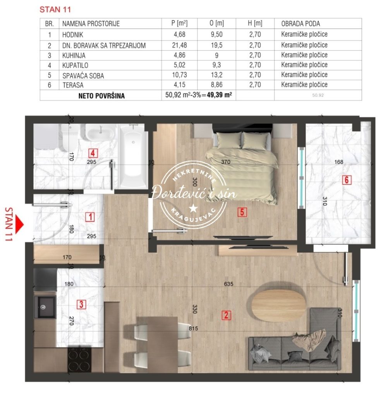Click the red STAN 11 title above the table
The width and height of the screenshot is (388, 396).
[x=55, y=10]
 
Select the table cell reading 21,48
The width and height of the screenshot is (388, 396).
[x=179, y=45]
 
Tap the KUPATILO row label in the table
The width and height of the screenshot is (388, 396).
[x=75, y=65]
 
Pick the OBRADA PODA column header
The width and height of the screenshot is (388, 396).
[x=300, y=24]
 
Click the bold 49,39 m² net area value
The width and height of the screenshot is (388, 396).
[x=219, y=95]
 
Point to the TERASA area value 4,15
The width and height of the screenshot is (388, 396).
[x=179, y=85]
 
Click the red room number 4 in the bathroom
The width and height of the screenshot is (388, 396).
[x=93, y=153]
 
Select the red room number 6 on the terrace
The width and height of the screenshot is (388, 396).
[x=347, y=180]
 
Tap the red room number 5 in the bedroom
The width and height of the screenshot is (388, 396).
[x=242, y=212]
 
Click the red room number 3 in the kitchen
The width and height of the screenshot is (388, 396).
[x=81, y=304]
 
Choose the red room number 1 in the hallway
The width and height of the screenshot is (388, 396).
[x=90, y=217]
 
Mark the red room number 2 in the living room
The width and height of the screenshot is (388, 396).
[x=226, y=315]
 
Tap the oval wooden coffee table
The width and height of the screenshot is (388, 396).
[x=279, y=305]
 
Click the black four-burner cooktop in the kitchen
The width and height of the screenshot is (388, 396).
[x=79, y=360]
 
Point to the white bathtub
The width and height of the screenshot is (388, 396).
[x=133, y=156]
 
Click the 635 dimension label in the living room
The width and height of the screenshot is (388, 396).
[x=228, y=284]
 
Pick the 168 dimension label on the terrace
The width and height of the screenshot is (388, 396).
[x=339, y=162]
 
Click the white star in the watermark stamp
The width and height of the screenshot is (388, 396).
[x=194, y=208]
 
